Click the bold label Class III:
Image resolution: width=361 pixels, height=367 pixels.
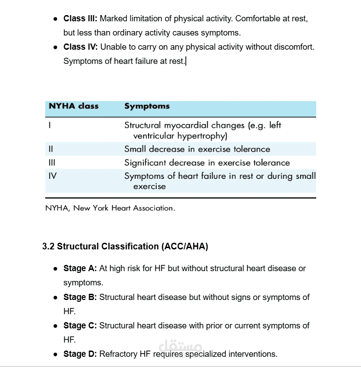pos(81,19)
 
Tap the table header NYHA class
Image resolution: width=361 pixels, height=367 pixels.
pos(73,107)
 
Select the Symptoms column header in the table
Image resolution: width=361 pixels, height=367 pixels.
pos(147,107)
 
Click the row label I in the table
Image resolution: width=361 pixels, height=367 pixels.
pos(50,126)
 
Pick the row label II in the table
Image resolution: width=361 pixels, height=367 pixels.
pos(51,149)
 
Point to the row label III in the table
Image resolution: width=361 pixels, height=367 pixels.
pos(51,163)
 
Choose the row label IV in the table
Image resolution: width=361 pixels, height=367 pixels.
pos(52,176)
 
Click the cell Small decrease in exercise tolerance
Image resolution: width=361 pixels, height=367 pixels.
pos(197,149)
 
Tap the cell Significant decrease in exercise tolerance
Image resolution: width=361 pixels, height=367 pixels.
pos(207,163)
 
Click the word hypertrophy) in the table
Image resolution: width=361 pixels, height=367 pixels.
pos(202,136)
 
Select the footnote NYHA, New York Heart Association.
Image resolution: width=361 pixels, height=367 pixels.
pos(110,208)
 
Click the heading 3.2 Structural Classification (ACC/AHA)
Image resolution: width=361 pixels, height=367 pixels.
pos(125,247)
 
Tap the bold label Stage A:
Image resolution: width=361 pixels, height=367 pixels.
pos(80,268)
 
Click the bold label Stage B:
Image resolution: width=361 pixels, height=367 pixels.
pos(80,297)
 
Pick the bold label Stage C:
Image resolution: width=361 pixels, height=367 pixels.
pos(80,326)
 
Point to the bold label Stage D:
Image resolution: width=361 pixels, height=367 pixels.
pos(80,354)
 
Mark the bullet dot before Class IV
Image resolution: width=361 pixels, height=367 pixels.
pos(55,47)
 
